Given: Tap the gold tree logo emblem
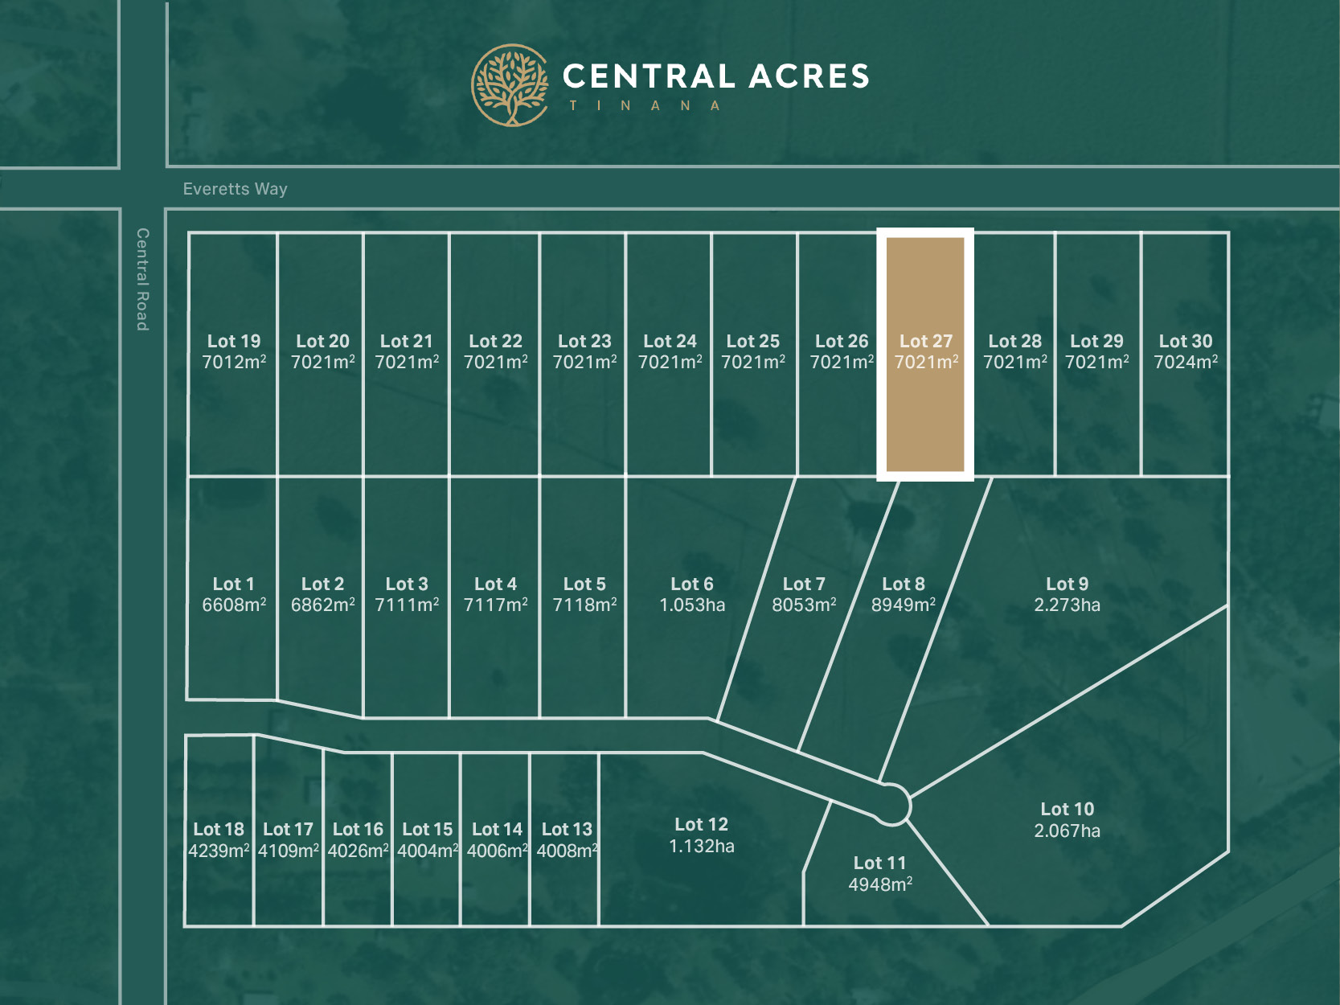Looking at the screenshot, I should pos(510,85).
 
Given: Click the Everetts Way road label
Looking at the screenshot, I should pos(235,189).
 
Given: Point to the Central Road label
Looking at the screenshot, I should pos(142,279).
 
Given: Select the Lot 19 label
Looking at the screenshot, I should pos(234,341).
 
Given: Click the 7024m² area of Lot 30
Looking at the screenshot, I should pos(1186,363).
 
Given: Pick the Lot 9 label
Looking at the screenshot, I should pos(1067,584).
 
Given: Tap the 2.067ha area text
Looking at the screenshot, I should pos(1067,831).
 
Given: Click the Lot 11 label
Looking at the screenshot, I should pos(879,863).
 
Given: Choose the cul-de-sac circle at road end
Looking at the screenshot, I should pos(891,804).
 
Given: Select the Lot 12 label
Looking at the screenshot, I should pos(701,824).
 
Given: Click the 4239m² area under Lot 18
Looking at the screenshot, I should pos(219,851).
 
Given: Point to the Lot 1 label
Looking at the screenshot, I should pos(233,584).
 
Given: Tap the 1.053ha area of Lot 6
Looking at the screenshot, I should pos(692,605).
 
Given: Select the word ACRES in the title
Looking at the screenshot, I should pos(809,76).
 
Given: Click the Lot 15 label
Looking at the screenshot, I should pos(427,829).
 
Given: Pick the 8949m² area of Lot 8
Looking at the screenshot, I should pos(903,605).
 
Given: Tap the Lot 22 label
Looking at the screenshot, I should pos(495,341).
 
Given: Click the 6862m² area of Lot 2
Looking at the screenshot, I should pos(322,605).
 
